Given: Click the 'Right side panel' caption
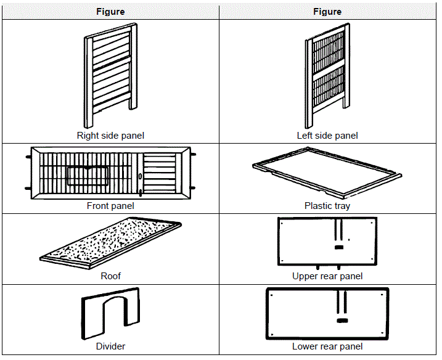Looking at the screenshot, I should point(110,136).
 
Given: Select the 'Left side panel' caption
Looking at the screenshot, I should point(327,136).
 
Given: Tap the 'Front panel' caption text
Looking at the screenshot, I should point(110,206).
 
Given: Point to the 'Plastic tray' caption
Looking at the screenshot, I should point(327,206).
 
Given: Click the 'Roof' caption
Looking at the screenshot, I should point(110,276).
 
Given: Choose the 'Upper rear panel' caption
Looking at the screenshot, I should point(327,276).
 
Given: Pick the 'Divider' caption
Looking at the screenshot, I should point(110,346).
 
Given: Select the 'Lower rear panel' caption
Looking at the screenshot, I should point(327,346).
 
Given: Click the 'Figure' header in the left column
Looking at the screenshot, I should point(110,12).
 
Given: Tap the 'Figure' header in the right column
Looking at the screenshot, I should point(327,12).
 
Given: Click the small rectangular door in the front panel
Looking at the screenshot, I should point(88,176).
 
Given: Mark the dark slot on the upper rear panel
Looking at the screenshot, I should point(338,248).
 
